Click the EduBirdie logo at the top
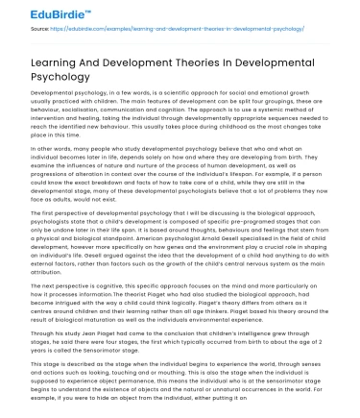tap(44, 15)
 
